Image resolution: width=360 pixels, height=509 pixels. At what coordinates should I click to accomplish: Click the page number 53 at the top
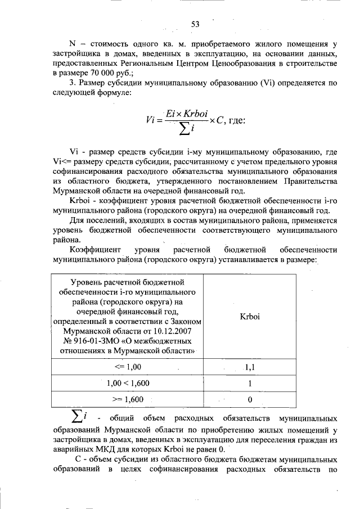(x=195, y=24)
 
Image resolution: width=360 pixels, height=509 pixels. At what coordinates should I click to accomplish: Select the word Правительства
(x=304, y=181)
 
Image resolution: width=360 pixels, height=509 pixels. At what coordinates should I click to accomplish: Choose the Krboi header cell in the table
(x=249, y=317)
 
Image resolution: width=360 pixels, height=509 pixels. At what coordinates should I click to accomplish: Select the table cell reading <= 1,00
(x=127, y=367)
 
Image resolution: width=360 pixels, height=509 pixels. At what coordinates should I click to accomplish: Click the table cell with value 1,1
(x=249, y=367)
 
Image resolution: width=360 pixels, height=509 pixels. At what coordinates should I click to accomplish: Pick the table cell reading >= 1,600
(x=127, y=399)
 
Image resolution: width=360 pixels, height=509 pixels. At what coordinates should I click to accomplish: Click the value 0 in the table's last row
(x=249, y=400)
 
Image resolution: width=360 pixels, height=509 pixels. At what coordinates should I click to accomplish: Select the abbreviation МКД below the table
(x=124, y=448)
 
